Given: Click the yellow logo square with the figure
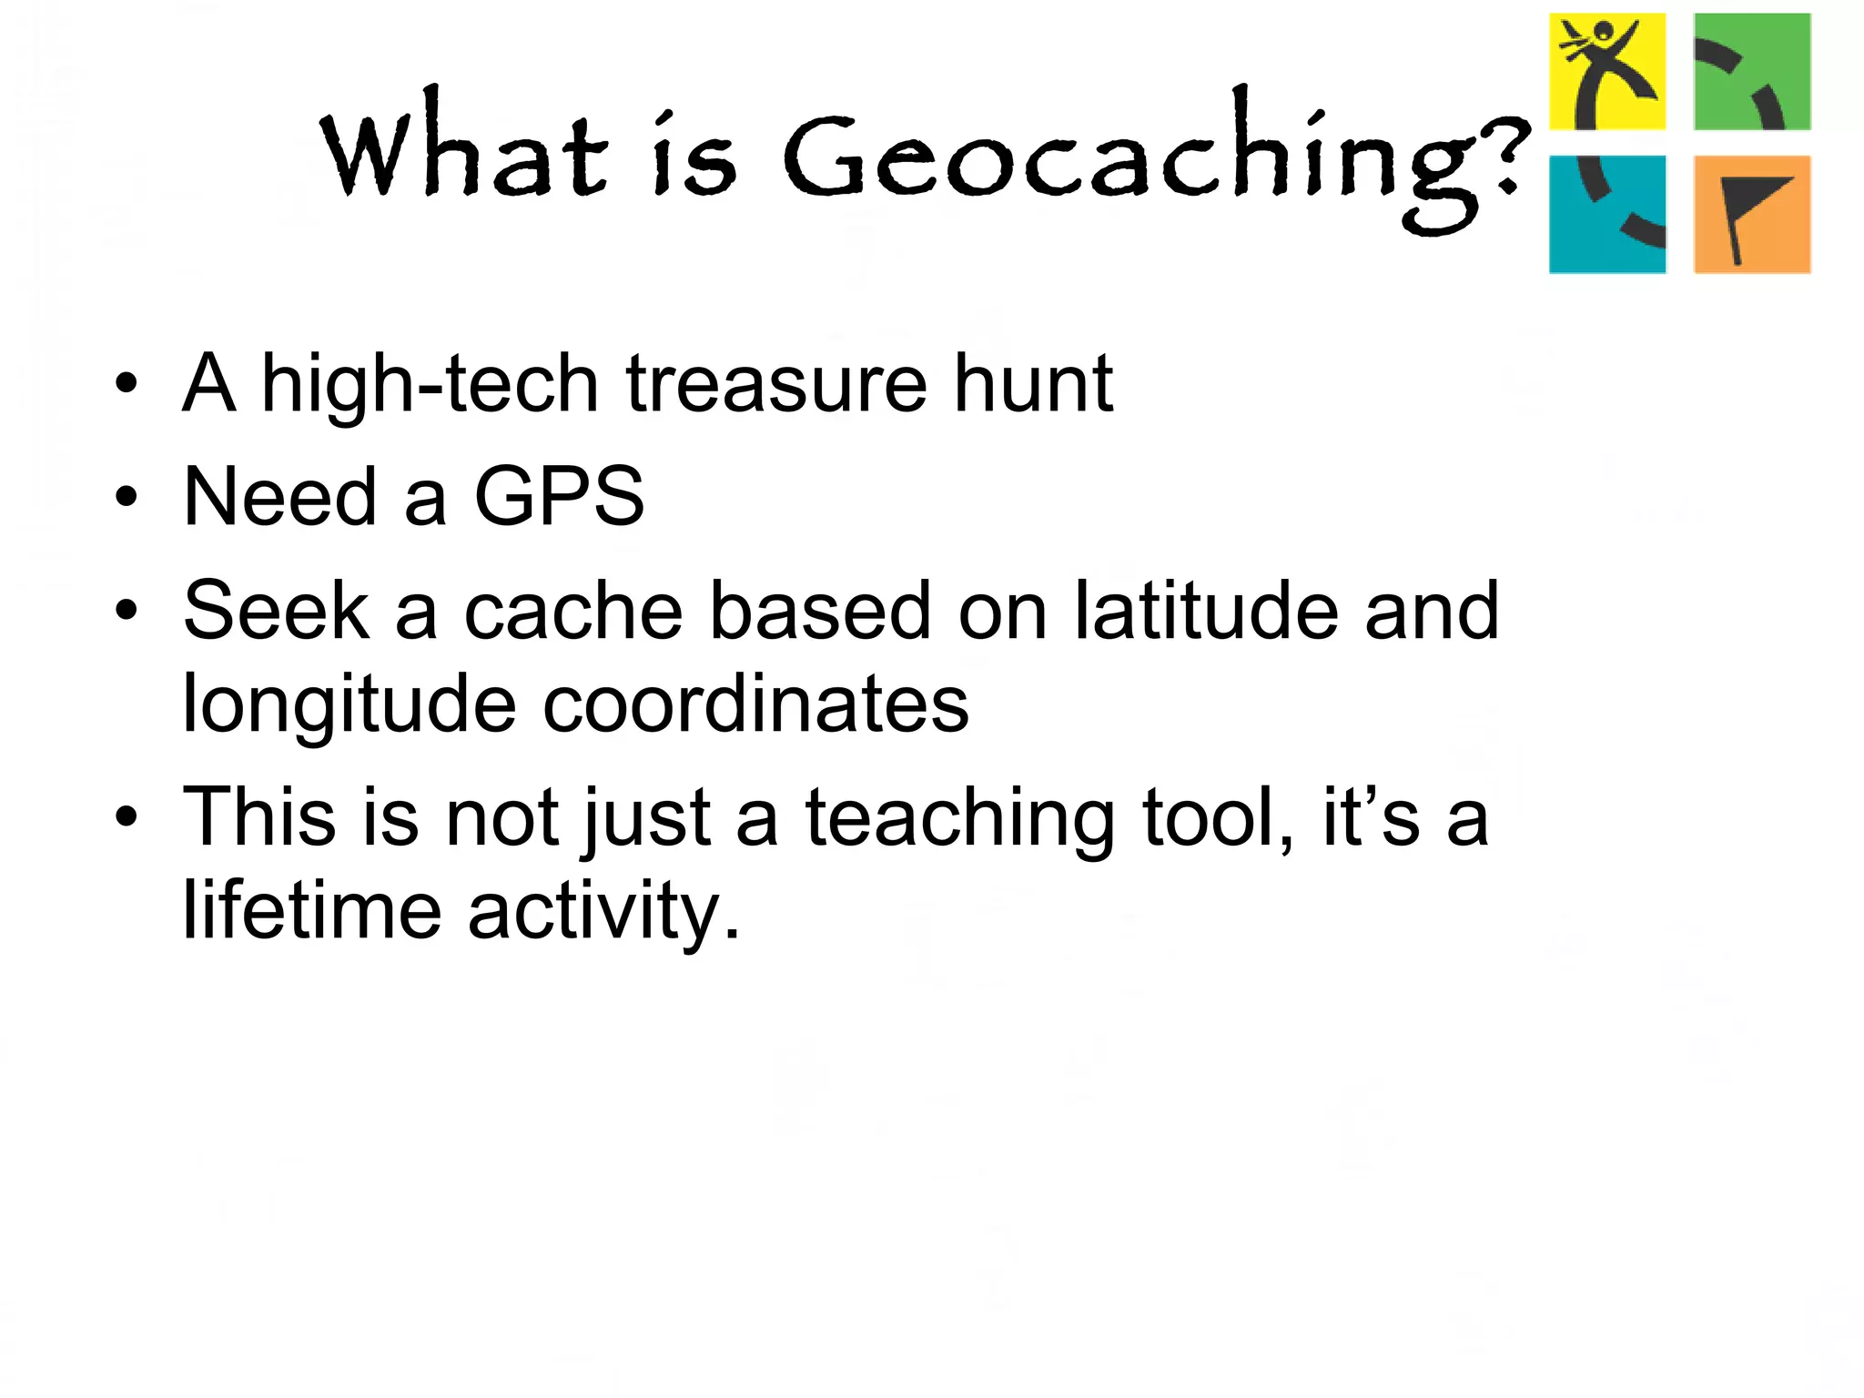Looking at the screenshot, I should [x=1607, y=72].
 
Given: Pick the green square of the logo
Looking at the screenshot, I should [x=1752, y=72].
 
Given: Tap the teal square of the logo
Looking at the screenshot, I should [x=1607, y=214].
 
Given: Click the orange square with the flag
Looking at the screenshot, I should [x=1752, y=214].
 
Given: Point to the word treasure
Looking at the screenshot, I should [x=776, y=384].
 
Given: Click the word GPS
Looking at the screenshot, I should [x=559, y=497].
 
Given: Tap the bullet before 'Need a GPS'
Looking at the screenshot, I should [x=127, y=498].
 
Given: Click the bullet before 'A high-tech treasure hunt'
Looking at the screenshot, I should [x=127, y=384].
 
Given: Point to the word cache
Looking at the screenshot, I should [x=573, y=611].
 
